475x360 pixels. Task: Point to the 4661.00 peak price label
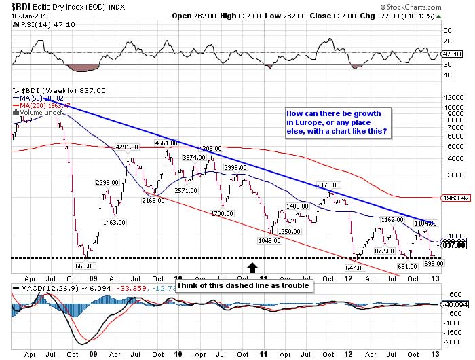point(166,143)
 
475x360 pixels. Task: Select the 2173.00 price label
point(328,185)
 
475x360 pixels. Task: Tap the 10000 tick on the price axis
point(453,97)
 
